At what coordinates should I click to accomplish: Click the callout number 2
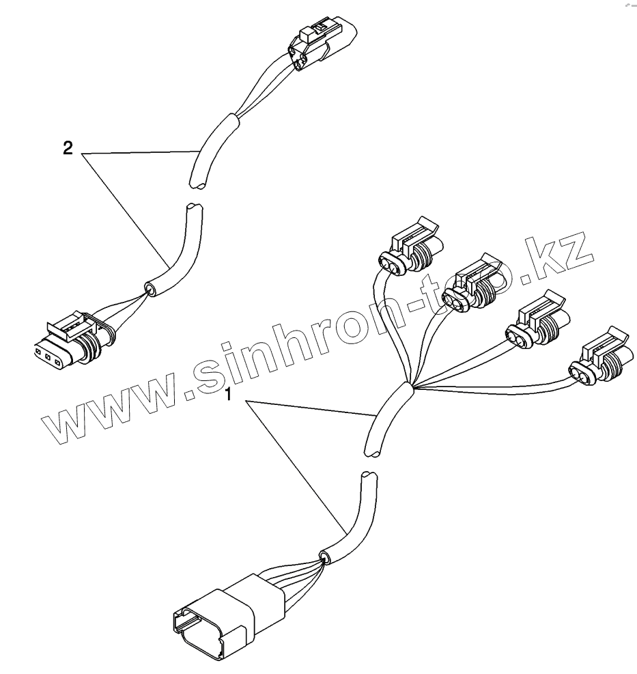pos(68,149)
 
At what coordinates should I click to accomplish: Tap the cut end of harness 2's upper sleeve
pos(198,182)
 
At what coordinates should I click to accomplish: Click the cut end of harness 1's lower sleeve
pos(367,473)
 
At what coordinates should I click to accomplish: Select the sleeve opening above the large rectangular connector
pos(324,557)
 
